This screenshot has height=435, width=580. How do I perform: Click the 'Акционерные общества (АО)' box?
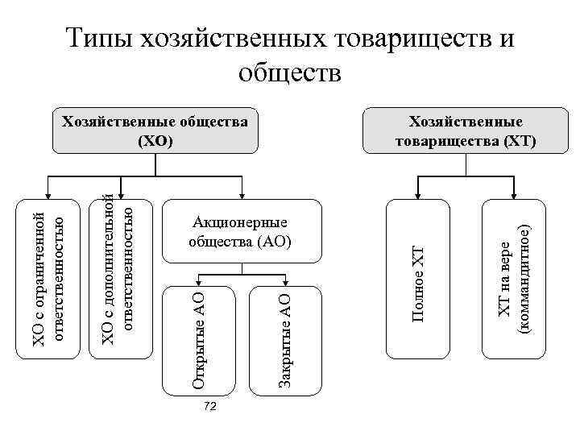[x=240, y=232]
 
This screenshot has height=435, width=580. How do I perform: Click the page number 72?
[x=210, y=408]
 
